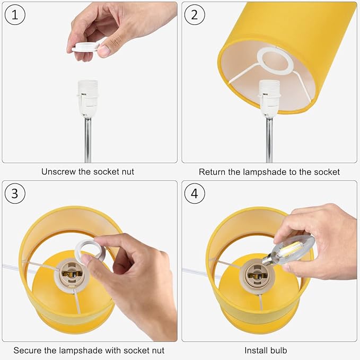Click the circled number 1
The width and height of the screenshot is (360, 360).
tap(15, 15)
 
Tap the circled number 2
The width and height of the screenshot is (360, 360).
tap(195, 15)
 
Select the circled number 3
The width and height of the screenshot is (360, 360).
tap(15, 194)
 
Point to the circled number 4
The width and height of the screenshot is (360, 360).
tap(195, 194)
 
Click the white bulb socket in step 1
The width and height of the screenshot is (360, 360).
tap(87, 98)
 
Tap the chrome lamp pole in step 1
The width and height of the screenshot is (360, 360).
tap(87, 139)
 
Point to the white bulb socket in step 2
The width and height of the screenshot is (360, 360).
tap(269, 98)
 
